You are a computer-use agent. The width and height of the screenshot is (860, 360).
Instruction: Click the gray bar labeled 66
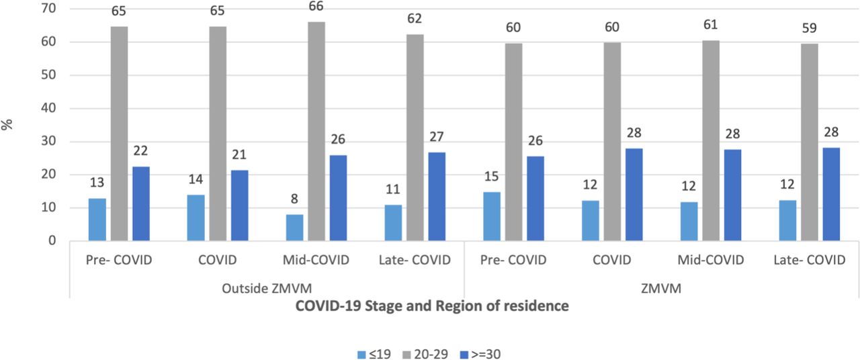coord(316,131)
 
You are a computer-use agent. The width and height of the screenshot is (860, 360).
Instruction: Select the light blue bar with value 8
coord(294,228)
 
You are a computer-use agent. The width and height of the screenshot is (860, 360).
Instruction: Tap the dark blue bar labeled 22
coord(141,204)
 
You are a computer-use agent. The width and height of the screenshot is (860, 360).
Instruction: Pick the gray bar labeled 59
coord(810,142)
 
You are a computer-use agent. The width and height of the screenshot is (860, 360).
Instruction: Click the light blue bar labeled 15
coord(492,216)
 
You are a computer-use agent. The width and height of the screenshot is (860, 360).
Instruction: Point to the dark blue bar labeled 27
coord(437,197)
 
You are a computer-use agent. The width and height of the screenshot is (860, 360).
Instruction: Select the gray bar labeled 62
coord(415,138)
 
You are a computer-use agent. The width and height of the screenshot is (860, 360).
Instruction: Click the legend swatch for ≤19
coord(361,354)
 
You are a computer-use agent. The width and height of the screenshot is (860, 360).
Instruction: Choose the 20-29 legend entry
coord(425,354)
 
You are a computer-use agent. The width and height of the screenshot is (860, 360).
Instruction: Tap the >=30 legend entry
coord(480,354)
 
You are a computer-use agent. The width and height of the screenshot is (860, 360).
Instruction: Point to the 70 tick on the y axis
coord(48,8)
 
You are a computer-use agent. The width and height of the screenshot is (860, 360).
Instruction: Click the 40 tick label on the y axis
coord(48,108)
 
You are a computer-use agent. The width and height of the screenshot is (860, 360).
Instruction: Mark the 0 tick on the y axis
coord(52,240)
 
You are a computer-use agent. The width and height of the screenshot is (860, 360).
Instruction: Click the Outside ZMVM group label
coord(267,288)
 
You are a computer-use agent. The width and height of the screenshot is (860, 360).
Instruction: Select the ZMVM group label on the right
coord(661,288)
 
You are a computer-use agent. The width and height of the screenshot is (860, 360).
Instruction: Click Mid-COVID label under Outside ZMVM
coord(316,260)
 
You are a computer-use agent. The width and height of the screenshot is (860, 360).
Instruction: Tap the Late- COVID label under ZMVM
coord(810,260)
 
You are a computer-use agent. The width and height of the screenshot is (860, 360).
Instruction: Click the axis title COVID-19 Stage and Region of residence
coord(432,306)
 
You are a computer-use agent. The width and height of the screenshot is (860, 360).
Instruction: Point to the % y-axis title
coord(7,124)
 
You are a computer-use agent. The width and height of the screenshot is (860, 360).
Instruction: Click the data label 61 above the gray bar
coord(710,25)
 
